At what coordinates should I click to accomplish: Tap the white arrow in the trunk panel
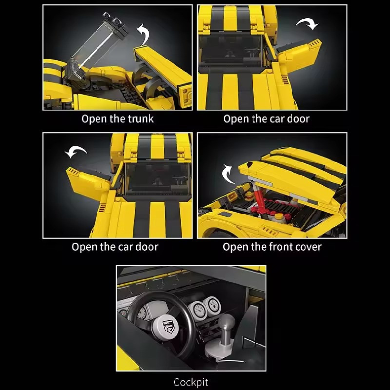[144, 34]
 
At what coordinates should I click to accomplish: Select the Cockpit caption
[191, 382]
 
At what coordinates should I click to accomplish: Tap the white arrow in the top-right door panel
[308, 24]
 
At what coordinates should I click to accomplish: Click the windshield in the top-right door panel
[231, 51]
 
